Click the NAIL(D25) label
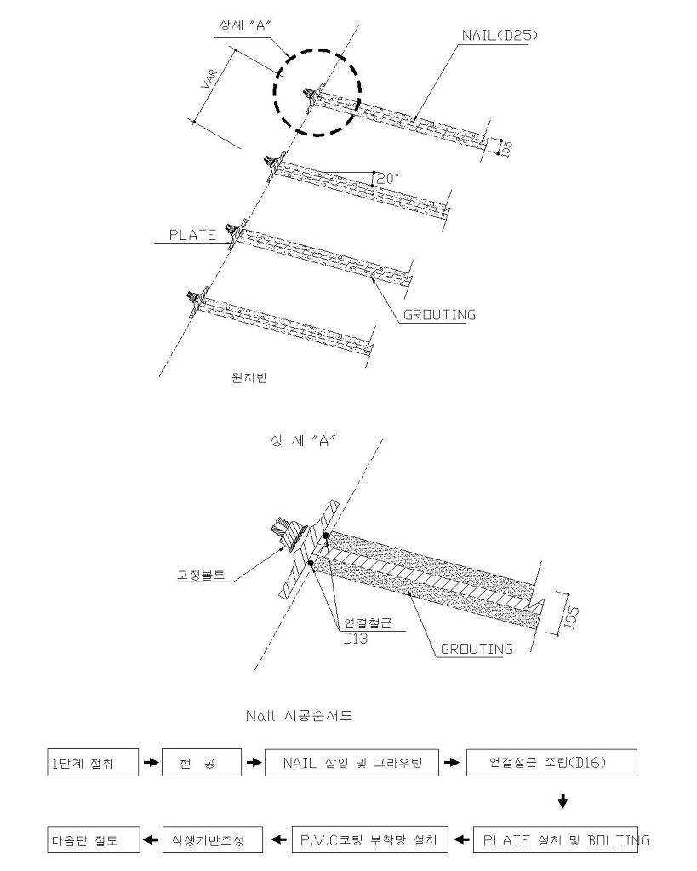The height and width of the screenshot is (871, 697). coord(500,36)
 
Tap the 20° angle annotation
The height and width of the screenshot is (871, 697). coord(388,178)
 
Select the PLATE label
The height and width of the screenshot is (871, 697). coord(192,235)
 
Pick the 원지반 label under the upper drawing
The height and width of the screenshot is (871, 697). coord(249,378)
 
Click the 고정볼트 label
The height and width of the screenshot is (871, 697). coord(201,575)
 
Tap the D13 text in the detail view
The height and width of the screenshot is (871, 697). coord(356,639)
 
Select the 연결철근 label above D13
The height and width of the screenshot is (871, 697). coord(368,623)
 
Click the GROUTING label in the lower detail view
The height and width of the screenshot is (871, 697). coord(477,649)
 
